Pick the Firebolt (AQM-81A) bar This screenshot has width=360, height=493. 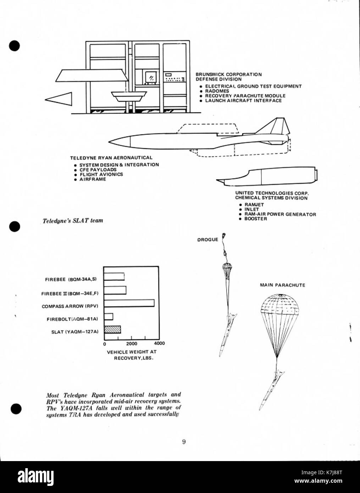tap(109, 317)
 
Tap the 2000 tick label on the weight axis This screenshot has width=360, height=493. tap(132, 344)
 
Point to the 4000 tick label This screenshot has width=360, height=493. tap(159, 343)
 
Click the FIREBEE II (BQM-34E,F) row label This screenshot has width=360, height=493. tap(70, 294)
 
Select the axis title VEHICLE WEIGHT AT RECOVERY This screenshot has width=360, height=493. tap(132, 355)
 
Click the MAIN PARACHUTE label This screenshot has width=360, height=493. tap(283, 285)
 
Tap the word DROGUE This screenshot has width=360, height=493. tap(207, 240)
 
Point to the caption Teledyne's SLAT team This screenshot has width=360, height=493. tap(73, 221)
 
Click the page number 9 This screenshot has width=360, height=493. tap(184, 436)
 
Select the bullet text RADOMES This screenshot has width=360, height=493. tap(217, 91)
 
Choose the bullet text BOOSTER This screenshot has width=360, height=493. tap(256, 219)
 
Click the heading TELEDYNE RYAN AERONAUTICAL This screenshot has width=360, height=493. tap(111, 158)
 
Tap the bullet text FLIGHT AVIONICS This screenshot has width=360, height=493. tap(101, 174)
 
